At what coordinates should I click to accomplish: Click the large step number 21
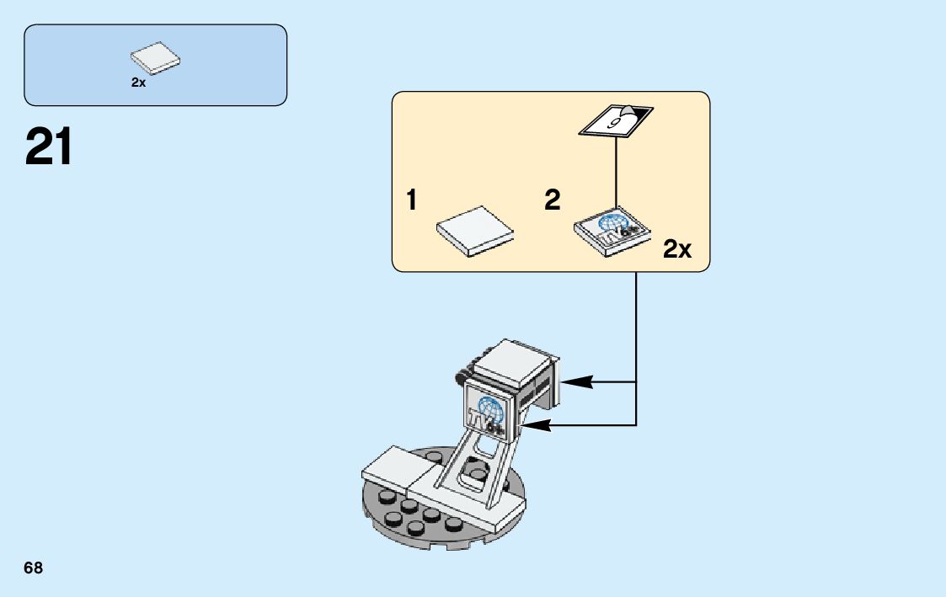coord(49,147)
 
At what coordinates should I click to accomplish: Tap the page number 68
coord(33,568)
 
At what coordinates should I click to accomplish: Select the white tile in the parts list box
coord(156,58)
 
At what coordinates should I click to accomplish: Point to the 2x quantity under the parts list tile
coord(138,83)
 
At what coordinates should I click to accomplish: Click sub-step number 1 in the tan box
coord(411,200)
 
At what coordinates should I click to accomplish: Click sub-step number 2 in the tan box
coord(552,200)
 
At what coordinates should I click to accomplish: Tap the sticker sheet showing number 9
coord(617,120)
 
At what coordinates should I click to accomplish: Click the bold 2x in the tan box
coord(677,249)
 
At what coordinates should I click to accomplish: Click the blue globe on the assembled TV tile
coord(490,409)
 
